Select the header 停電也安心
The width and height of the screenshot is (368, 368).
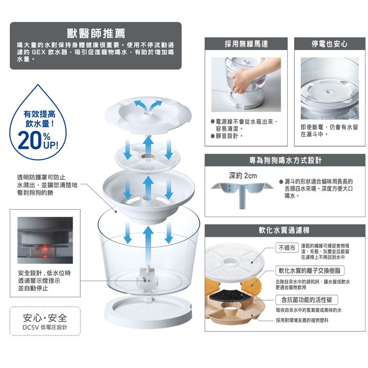(330, 44)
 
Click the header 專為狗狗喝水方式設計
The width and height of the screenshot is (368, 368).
(285, 160)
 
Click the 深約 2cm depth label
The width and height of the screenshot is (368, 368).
(242, 175)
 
